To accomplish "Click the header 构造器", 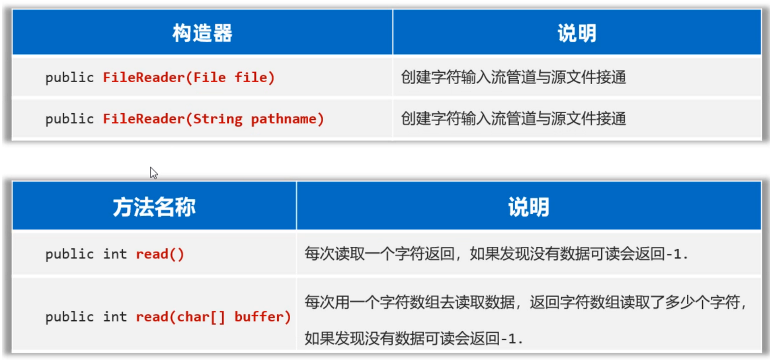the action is [202, 33].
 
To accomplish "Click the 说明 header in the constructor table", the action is [577, 33].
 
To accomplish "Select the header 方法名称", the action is [154, 207].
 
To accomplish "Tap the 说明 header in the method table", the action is [528, 207].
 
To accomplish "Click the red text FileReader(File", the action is [164, 77].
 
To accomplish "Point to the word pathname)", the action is [287, 119].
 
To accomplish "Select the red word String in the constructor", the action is [218, 119].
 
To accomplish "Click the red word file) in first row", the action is [254, 77].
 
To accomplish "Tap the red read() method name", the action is [160, 254].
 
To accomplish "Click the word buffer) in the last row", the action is [262, 317].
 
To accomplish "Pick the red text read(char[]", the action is [180, 317].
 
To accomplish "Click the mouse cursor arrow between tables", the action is [153, 172].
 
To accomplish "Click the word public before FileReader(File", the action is [69, 77].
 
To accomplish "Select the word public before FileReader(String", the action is [69, 119].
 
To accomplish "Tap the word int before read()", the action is [115, 254].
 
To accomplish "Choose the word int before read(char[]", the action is [115, 317].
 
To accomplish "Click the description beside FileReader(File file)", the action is [513, 77].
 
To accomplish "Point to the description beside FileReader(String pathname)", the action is [513, 119].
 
